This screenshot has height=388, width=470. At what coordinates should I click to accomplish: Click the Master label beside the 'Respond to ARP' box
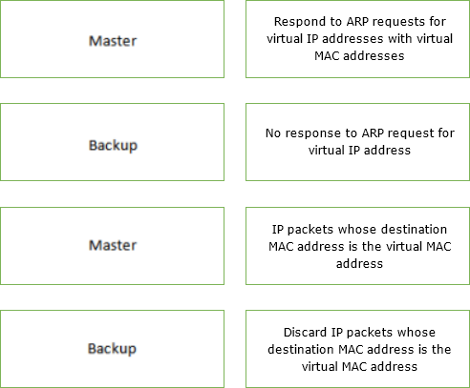(113, 41)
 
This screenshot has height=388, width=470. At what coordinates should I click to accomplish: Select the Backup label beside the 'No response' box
(113, 146)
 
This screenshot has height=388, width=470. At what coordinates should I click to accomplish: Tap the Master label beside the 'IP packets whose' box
(113, 245)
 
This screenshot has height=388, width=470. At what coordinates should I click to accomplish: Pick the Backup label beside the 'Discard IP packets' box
(112, 349)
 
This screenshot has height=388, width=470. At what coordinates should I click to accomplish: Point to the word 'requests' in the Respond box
(398, 22)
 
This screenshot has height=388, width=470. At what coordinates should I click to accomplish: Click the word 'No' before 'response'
(273, 133)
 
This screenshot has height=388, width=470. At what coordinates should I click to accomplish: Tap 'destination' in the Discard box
(301, 350)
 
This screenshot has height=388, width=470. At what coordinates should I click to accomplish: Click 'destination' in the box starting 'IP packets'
(414, 230)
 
